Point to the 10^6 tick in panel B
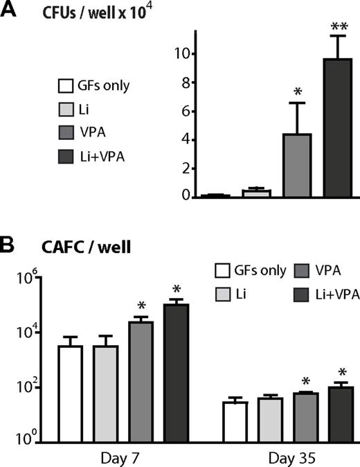click(x=28, y=279)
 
